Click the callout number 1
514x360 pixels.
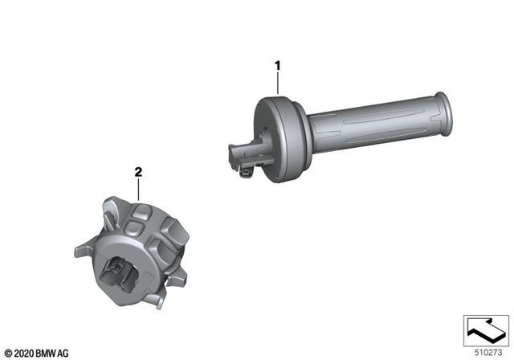[x=278, y=63]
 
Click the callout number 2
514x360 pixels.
[x=138, y=171]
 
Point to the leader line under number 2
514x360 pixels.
[x=138, y=189]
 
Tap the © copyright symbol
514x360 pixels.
[x=8, y=352]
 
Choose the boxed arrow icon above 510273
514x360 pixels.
[x=486, y=329]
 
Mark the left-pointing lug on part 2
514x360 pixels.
[x=82, y=252]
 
